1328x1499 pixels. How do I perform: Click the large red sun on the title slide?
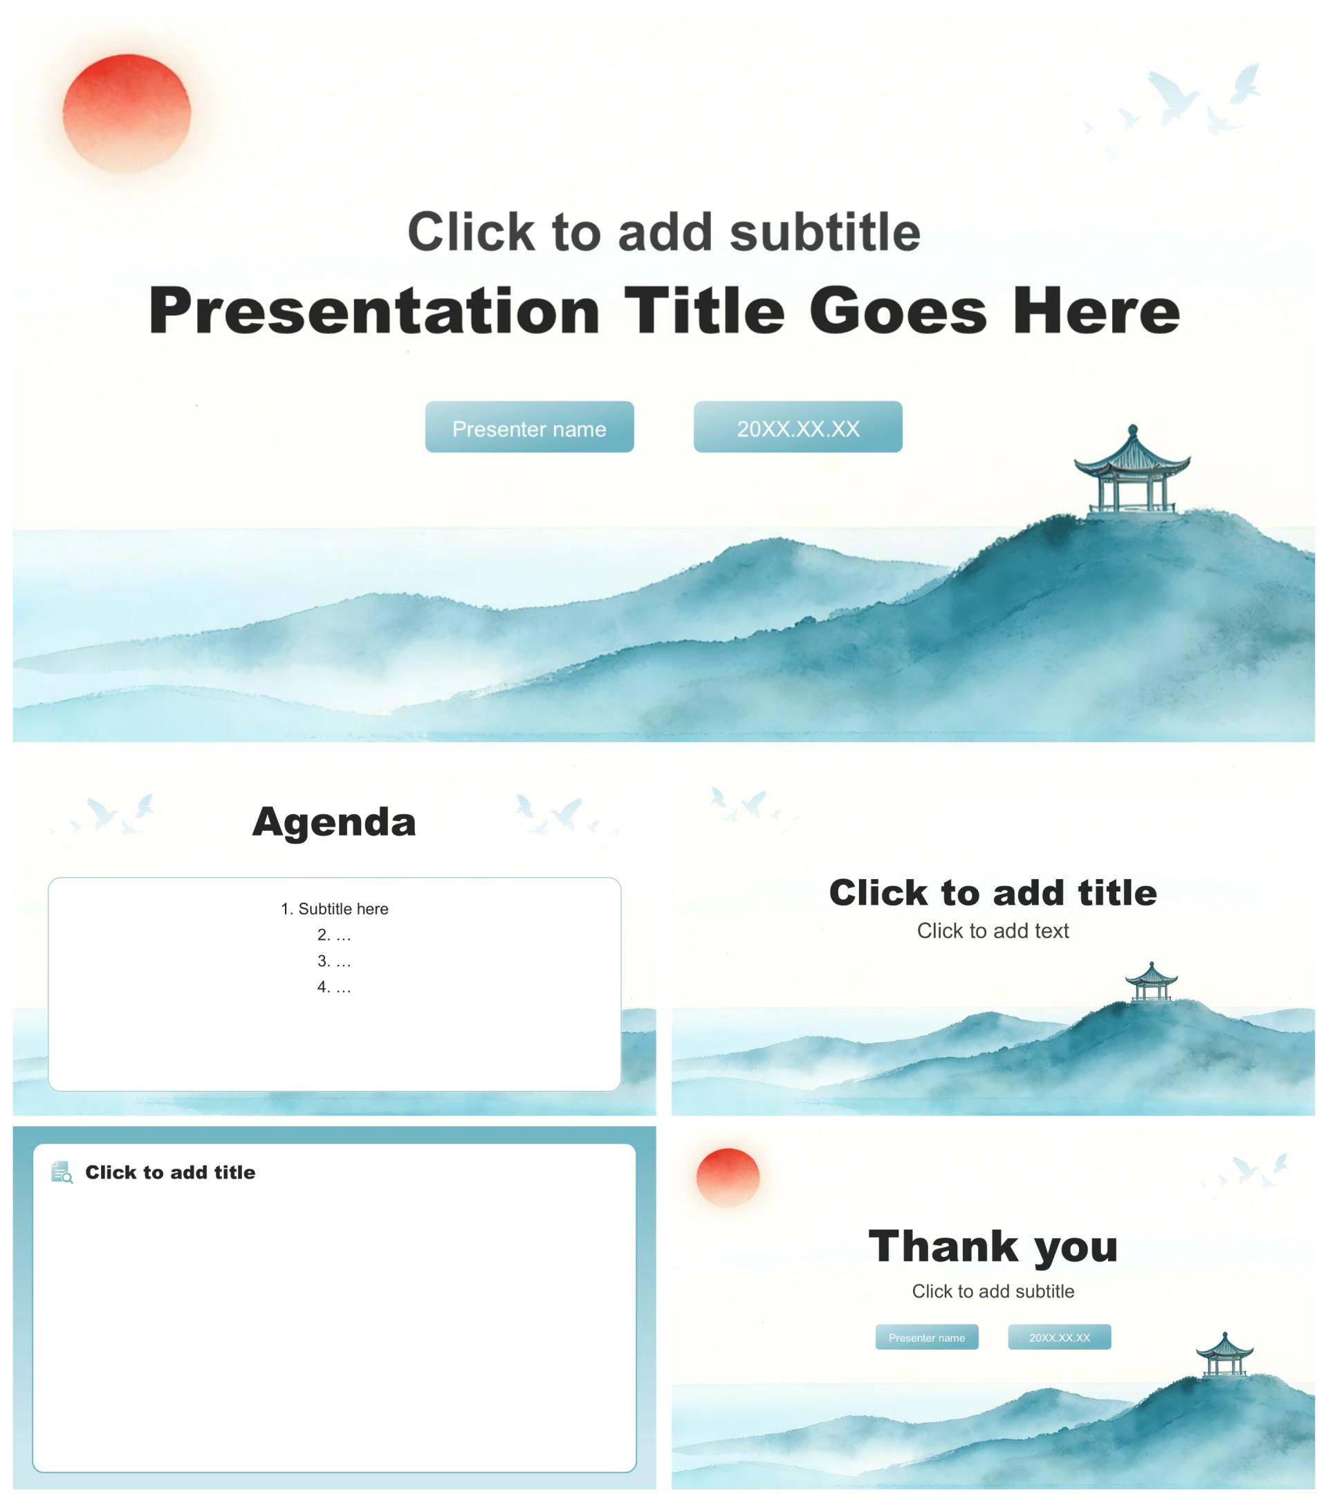tap(127, 113)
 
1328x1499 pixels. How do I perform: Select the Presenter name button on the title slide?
tap(529, 427)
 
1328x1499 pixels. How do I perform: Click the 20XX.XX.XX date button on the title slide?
tap(797, 427)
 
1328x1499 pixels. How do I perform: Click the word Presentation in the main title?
tap(375, 312)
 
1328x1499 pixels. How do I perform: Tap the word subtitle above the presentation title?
tap(825, 232)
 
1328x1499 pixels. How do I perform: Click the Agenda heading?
tap(334, 822)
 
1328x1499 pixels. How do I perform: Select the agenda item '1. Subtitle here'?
tap(334, 909)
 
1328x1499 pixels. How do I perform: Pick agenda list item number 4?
tap(334, 987)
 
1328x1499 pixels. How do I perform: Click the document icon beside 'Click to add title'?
tap(62, 1172)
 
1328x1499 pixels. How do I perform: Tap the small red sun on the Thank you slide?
tap(728, 1177)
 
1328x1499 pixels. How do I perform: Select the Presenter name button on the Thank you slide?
tap(927, 1337)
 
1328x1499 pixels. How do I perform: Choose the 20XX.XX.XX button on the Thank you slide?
tap(1060, 1337)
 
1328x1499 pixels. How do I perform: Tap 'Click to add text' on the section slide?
tap(993, 930)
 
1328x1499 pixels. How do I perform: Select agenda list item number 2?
tap(334, 935)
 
